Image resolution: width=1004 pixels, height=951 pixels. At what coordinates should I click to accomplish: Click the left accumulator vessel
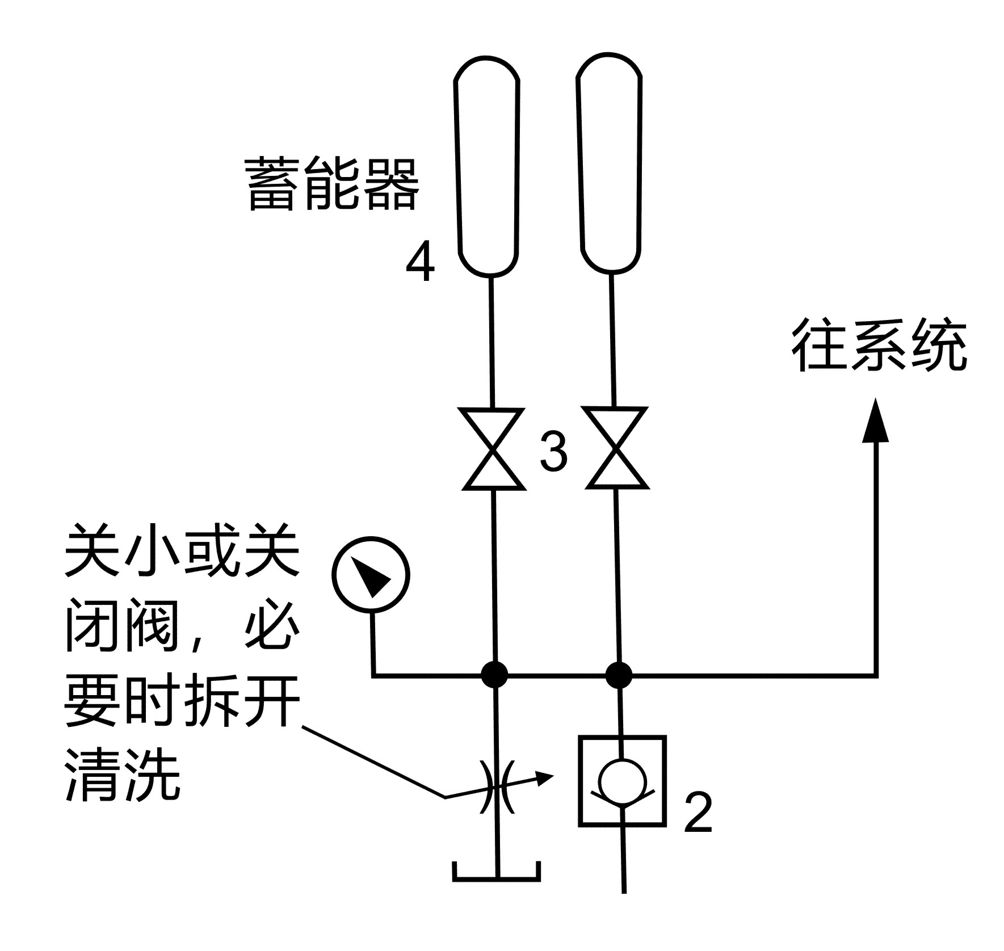click(x=487, y=166)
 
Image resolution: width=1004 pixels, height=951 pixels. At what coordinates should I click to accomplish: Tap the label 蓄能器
click(x=333, y=185)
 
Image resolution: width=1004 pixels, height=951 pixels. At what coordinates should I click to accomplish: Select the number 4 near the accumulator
click(x=420, y=263)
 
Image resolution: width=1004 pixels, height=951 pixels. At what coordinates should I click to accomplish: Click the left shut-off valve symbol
click(x=493, y=448)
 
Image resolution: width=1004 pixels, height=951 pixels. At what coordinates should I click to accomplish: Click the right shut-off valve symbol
click(x=616, y=448)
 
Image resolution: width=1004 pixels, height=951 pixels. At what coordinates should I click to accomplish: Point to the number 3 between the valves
click(x=553, y=452)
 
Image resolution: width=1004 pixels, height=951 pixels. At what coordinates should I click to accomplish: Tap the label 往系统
click(x=879, y=346)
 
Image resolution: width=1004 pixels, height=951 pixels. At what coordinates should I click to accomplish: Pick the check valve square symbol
click(x=622, y=781)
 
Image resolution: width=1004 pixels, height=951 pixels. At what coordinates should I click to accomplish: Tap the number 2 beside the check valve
click(x=698, y=813)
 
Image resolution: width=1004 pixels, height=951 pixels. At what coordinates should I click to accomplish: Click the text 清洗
click(x=123, y=775)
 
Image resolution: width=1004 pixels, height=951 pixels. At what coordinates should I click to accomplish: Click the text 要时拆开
click(x=182, y=700)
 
